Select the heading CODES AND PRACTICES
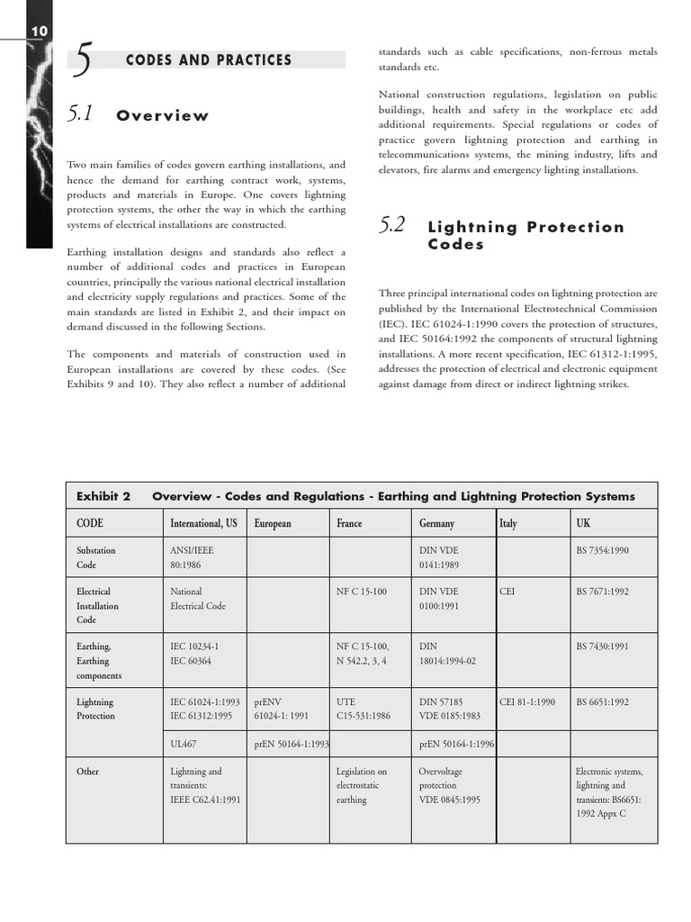click(x=208, y=60)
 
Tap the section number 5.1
click(x=81, y=114)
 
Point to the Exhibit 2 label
click(x=103, y=496)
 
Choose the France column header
click(x=349, y=523)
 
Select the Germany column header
click(x=436, y=523)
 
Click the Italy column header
click(x=508, y=523)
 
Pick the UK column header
click(x=583, y=523)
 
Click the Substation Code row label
click(x=95, y=557)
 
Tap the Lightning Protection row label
click(x=95, y=709)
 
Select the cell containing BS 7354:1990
click(x=602, y=549)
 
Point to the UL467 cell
click(x=184, y=745)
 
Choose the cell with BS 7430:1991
click(x=602, y=646)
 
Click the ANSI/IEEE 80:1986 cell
click(x=193, y=557)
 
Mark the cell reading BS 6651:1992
click(x=602, y=701)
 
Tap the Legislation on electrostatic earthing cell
click(x=362, y=785)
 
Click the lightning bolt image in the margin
click(x=40, y=144)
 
